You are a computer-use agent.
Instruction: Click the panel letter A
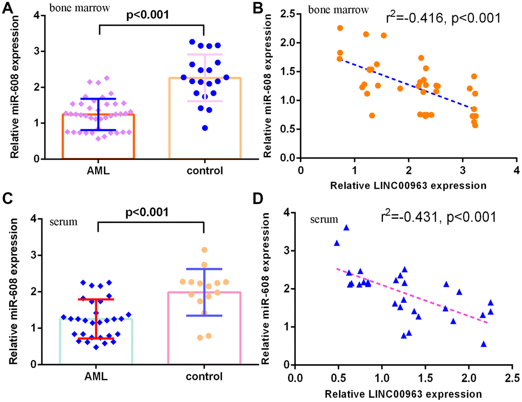8,9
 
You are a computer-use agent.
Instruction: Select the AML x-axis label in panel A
97,171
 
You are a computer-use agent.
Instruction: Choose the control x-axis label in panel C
204,377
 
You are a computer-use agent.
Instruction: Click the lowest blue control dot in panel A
205,128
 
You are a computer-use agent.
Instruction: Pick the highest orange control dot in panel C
204,250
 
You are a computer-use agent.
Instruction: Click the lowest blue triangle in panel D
483,344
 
